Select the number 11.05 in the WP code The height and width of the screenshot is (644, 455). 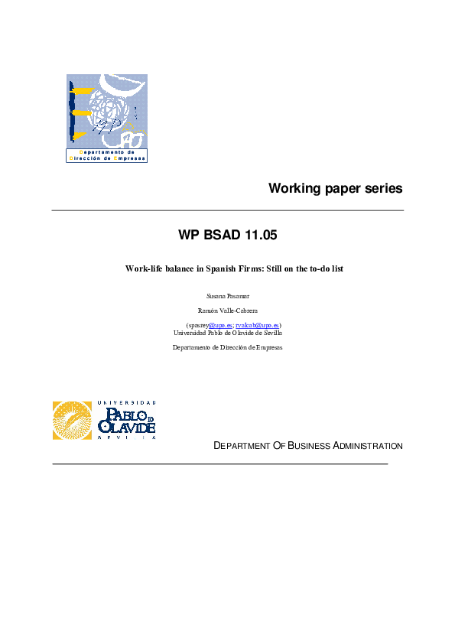pos(260,236)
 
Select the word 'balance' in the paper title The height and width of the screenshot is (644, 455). pos(178,268)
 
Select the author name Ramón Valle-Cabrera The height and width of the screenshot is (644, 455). pos(228,311)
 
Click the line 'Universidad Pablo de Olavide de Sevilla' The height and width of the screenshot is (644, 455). pos(228,333)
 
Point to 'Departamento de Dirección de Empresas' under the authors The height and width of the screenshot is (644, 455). pos(228,347)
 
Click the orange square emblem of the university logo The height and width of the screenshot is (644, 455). pos(71,421)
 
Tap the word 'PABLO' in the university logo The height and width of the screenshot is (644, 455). pos(121,415)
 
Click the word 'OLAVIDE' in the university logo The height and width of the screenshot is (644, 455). pos(127,428)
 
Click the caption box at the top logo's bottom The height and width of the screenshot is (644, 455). pos(106,155)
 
